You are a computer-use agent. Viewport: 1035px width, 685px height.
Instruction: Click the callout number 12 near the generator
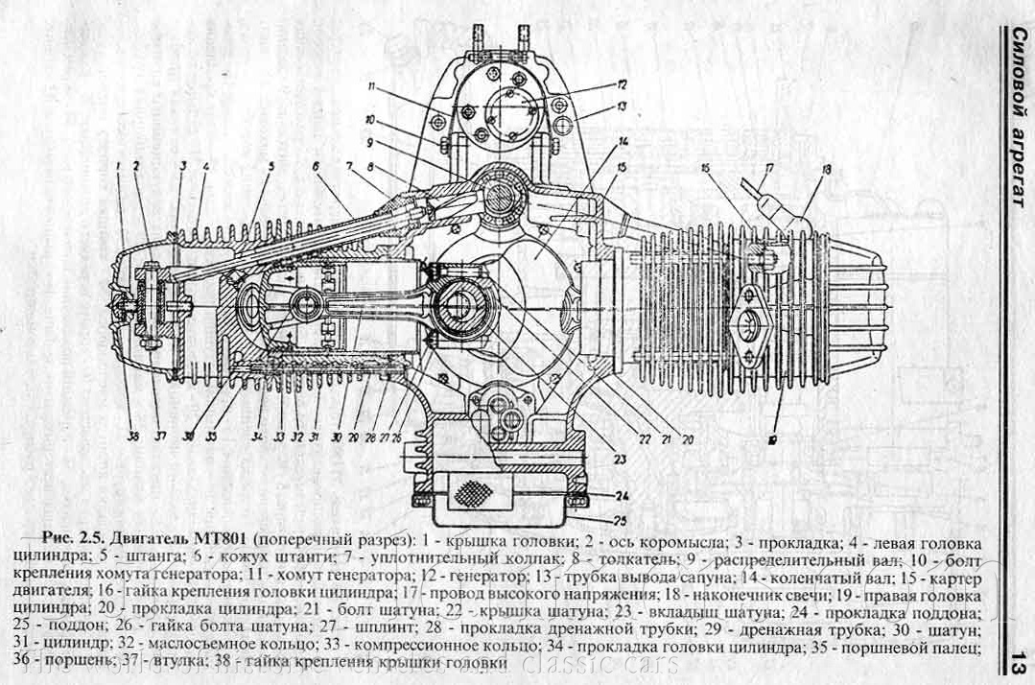(622, 83)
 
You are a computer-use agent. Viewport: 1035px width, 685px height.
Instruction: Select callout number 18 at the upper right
(826, 170)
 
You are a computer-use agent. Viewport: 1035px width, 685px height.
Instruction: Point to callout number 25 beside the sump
(622, 521)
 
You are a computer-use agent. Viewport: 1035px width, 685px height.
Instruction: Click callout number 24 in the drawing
(622, 496)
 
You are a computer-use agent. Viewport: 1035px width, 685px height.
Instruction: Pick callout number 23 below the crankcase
(620, 460)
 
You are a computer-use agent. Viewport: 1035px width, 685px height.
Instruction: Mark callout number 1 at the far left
(116, 165)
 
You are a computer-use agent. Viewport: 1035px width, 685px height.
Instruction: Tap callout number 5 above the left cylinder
(271, 166)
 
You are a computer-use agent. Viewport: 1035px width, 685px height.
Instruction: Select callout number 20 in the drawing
(687, 439)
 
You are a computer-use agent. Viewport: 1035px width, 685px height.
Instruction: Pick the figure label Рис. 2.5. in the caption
(75, 534)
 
